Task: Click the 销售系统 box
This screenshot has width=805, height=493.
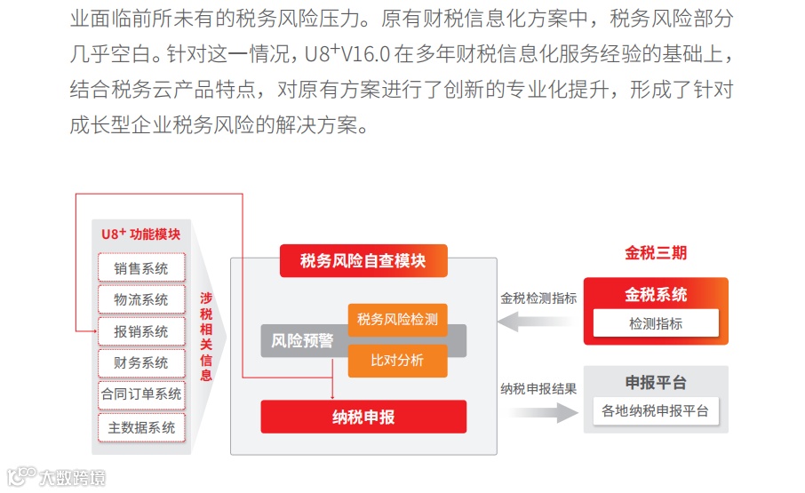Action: (x=140, y=268)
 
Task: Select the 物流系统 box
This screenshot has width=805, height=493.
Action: (x=140, y=299)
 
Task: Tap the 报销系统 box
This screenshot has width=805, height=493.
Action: (x=140, y=331)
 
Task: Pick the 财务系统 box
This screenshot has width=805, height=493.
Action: (x=140, y=362)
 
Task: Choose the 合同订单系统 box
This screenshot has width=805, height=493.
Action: (x=140, y=394)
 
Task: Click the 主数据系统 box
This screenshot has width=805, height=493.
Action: (x=140, y=426)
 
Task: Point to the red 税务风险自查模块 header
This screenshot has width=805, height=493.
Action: (x=363, y=261)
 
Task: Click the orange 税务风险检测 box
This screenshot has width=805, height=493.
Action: (x=397, y=319)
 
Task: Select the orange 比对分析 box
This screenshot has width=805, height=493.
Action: (x=397, y=360)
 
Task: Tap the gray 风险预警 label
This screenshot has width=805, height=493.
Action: (x=302, y=340)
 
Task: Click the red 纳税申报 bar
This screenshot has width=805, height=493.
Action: (x=363, y=417)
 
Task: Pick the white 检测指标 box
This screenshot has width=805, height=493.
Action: (x=656, y=323)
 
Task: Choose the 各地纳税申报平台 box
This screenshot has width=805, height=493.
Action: (x=656, y=410)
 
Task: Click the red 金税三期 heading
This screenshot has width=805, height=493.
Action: (x=656, y=253)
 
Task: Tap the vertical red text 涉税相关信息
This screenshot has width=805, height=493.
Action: (x=206, y=337)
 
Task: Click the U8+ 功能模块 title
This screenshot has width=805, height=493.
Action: (x=140, y=235)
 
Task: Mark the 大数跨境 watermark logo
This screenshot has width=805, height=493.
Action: (x=57, y=478)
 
